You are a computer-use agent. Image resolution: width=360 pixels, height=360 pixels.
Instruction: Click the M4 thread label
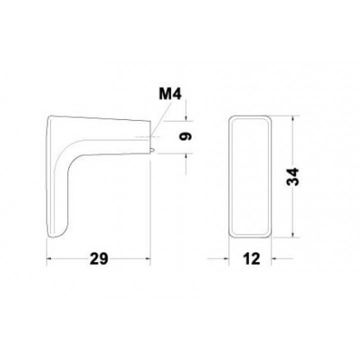(170, 94)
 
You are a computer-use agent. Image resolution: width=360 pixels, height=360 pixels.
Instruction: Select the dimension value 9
(185, 136)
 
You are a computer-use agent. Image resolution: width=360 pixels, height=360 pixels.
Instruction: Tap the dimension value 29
(98, 259)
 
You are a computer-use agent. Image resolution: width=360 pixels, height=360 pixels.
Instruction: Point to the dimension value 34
(292, 176)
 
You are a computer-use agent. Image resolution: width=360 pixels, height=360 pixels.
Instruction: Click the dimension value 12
(251, 259)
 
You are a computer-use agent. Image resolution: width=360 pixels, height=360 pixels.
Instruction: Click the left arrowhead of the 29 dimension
(49, 259)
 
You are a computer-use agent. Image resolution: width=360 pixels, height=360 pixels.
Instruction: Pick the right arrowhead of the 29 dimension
(147, 259)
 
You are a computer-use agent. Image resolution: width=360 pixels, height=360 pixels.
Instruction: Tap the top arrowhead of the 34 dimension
(292, 118)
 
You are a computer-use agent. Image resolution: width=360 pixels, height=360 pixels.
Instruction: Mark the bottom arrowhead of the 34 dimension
(292, 234)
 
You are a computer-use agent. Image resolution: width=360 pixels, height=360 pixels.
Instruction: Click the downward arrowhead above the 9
(186, 118)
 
